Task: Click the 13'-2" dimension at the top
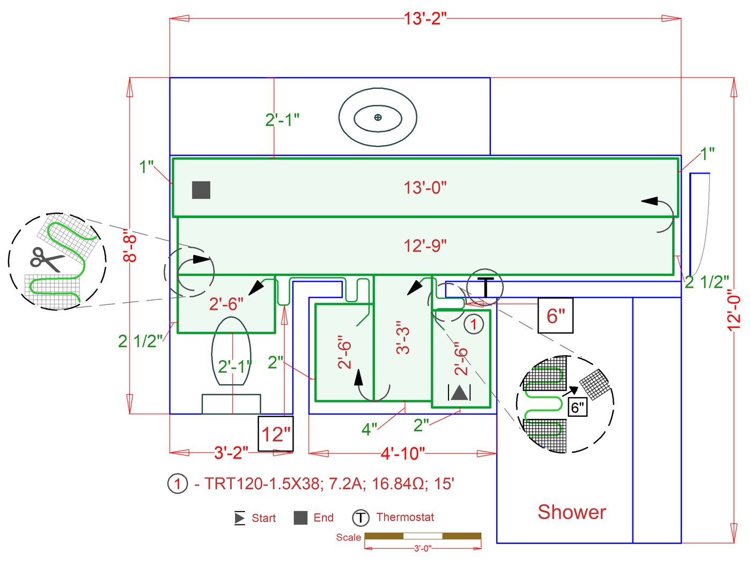click(425, 19)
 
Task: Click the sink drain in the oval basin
click(378, 117)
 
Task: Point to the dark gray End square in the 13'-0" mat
click(201, 190)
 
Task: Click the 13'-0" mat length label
click(425, 188)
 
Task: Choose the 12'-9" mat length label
click(425, 246)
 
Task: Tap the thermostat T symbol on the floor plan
click(485, 287)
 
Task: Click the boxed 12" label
click(276, 433)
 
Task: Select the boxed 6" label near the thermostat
click(555, 316)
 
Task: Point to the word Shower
click(572, 512)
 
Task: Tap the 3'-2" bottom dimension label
click(231, 453)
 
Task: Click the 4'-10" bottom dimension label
click(402, 454)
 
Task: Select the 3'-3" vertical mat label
click(402, 338)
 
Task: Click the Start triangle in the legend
click(239, 518)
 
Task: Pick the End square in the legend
click(300, 518)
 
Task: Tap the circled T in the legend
click(360, 518)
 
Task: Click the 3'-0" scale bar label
click(422, 548)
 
